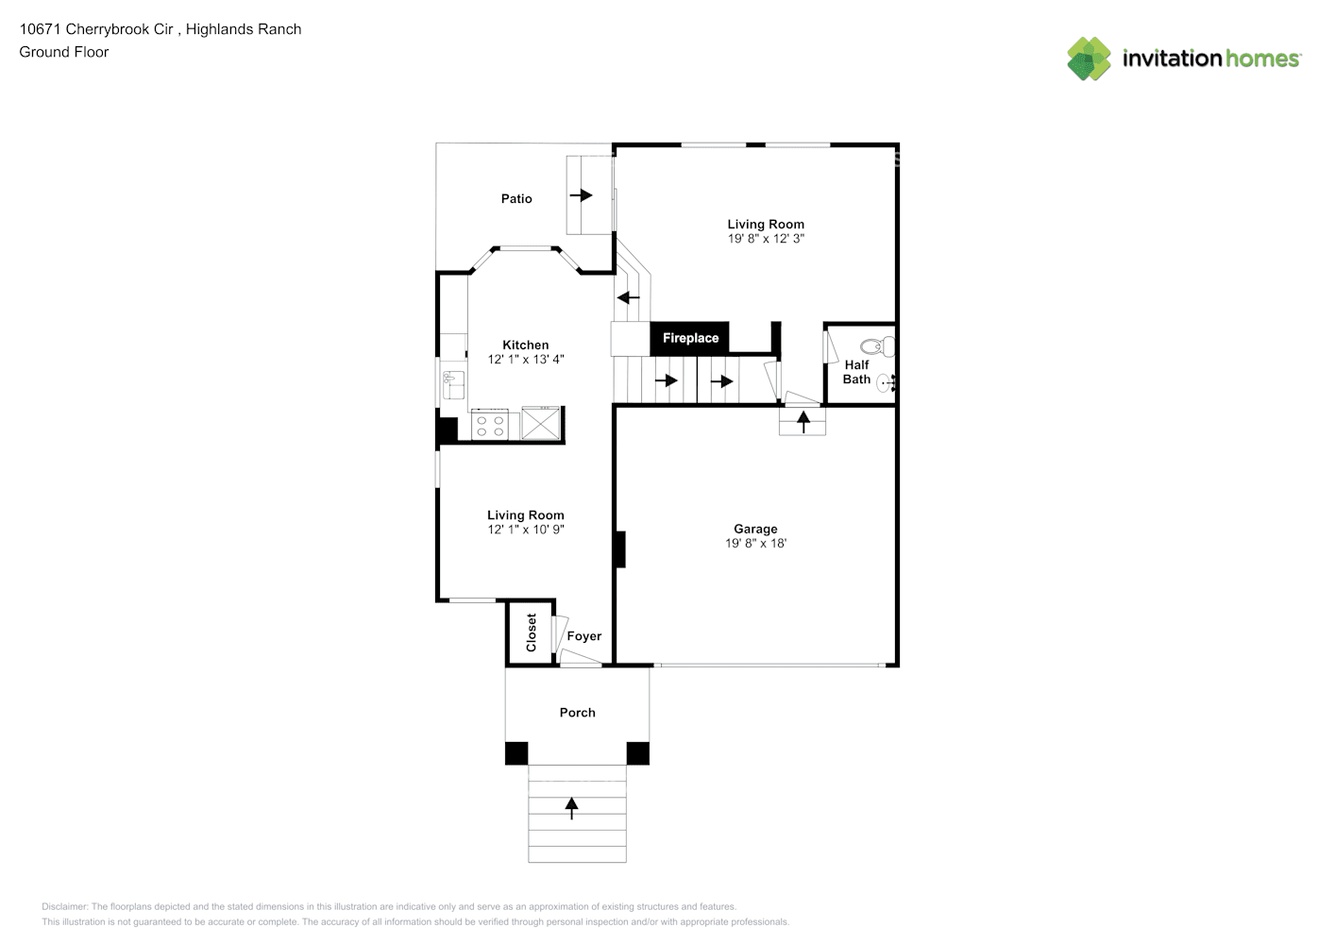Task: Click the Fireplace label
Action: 690,338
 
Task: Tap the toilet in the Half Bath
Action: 878,346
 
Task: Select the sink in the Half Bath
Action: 887,382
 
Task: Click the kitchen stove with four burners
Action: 489,425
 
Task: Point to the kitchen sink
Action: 452,385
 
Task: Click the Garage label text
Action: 755,529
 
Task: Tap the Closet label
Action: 531,632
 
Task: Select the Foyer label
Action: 583,636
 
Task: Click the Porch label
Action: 577,713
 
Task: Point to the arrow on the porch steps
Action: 571,807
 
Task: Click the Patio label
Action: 516,198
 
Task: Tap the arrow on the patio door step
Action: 581,195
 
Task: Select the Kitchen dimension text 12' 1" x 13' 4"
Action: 525,360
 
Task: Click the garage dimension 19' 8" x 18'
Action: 755,544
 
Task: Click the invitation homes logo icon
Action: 1089,59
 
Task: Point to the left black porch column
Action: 516,753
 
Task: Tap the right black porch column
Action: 638,753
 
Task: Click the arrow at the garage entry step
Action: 803,421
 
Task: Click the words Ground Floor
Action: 64,52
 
